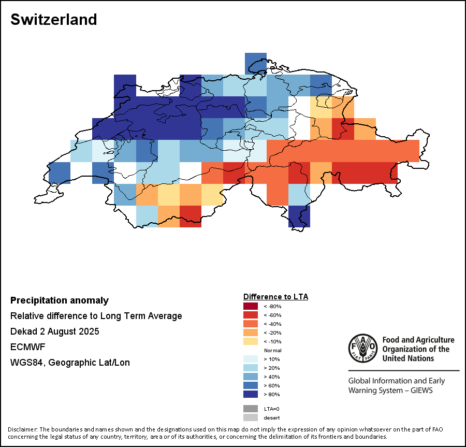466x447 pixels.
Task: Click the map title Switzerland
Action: click(x=54, y=20)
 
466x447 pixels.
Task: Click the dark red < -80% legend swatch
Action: click(x=251, y=306)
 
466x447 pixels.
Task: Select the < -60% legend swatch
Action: click(x=251, y=315)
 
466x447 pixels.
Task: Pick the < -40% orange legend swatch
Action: click(x=251, y=324)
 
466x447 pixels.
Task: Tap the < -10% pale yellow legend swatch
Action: click(x=251, y=341)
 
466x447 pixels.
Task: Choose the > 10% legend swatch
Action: click(x=251, y=359)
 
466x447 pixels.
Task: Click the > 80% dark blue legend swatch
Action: click(x=251, y=394)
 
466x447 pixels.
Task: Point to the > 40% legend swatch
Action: click(x=251, y=377)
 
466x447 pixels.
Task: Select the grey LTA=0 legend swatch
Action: click(x=251, y=409)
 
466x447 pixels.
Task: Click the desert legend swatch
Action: click(x=251, y=417)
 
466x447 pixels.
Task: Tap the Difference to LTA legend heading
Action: click(x=275, y=297)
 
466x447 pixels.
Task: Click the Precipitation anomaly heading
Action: click(x=60, y=300)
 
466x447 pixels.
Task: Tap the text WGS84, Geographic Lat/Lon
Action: click(x=70, y=363)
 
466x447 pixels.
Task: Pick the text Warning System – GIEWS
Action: click(x=390, y=390)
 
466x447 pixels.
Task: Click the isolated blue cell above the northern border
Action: click(x=256, y=63)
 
